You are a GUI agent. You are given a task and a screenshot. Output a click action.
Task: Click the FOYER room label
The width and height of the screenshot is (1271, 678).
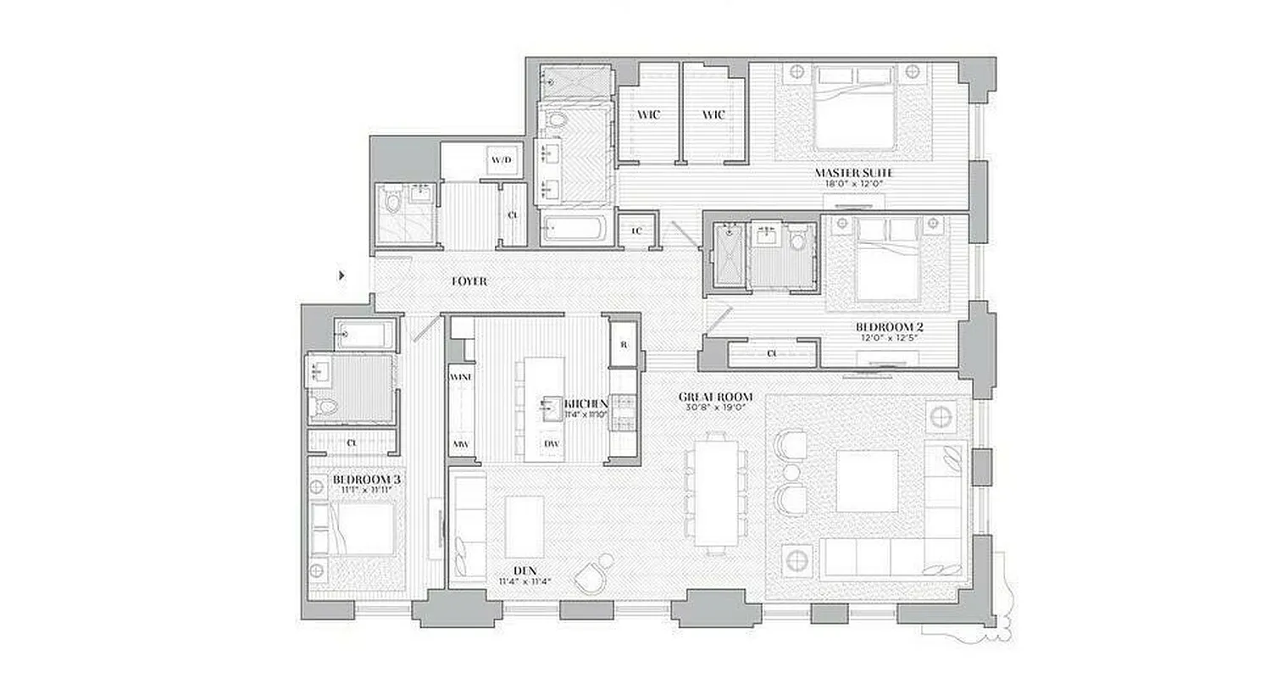(x=469, y=281)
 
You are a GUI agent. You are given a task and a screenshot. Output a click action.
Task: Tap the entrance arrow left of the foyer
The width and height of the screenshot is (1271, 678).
(x=341, y=275)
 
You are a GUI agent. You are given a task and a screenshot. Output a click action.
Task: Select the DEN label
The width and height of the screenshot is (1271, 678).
(x=519, y=570)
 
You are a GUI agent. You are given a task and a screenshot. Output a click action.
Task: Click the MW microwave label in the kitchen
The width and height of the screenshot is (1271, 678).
(x=460, y=444)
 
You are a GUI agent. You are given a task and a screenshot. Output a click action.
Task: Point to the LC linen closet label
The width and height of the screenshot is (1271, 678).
(x=637, y=230)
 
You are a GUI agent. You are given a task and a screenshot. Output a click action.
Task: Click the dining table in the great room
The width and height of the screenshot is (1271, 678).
(x=717, y=491)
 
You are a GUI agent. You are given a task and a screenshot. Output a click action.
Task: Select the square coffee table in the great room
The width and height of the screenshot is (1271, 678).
(x=867, y=481)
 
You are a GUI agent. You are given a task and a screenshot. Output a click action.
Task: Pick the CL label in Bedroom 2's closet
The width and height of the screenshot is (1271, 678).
(x=772, y=353)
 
